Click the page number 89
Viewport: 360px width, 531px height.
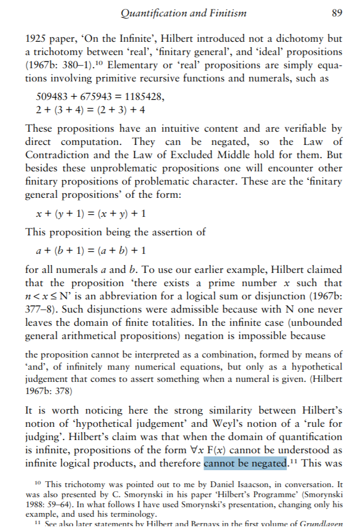pyautogui.click(x=337, y=13)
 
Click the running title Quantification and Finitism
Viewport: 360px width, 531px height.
pyautogui.click(x=184, y=13)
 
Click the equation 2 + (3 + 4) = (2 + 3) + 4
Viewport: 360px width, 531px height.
pyautogui.click(x=90, y=110)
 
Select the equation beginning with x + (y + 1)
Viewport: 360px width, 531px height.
pyautogui.click(x=90, y=214)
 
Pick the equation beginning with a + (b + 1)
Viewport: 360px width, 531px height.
pyautogui.click(x=90, y=250)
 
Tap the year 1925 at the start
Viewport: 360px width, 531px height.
pyautogui.click(x=37, y=39)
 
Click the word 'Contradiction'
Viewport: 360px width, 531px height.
pyautogui.click(x=58, y=155)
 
